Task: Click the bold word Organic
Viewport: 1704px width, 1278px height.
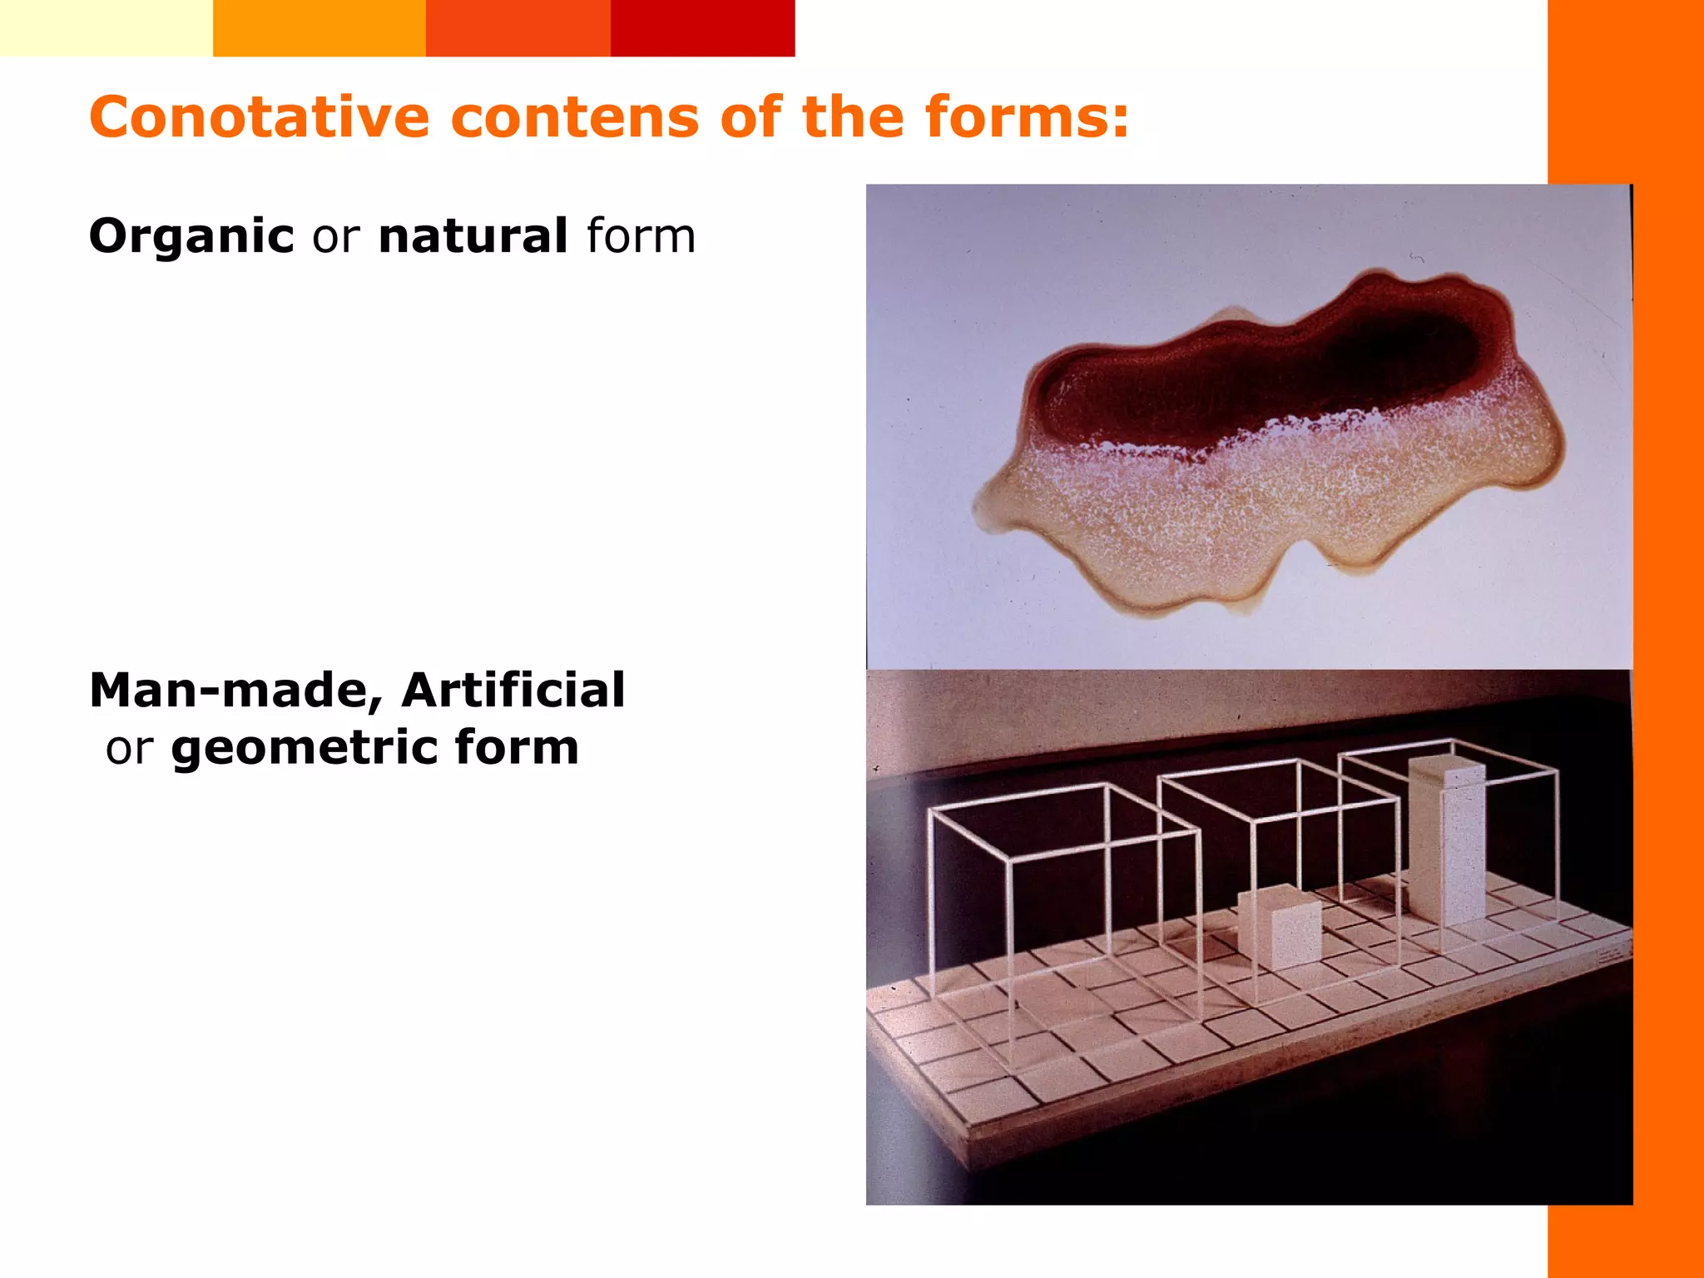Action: (x=191, y=237)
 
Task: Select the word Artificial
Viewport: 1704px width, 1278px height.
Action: (x=513, y=691)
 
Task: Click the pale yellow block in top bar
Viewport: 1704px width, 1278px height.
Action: (x=106, y=27)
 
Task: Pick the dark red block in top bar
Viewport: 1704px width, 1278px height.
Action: (x=702, y=27)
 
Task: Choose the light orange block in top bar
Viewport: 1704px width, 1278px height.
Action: (x=319, y=27)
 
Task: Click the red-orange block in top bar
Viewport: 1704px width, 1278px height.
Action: (x=518, y=27)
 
